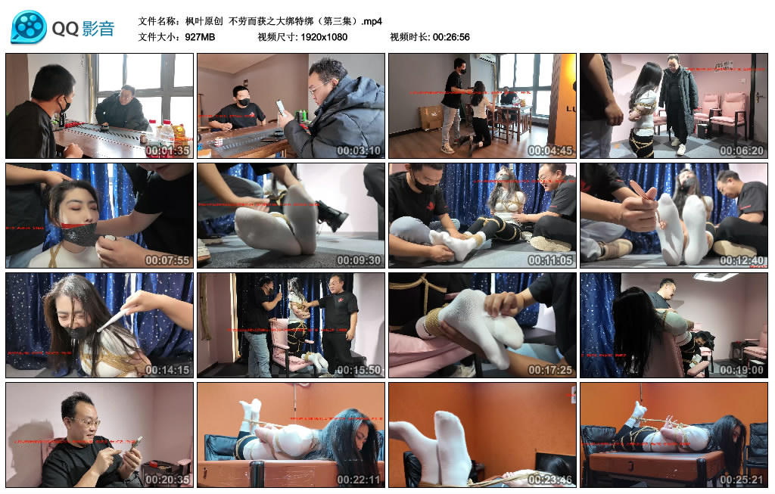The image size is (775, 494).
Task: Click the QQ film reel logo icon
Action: point(29,28)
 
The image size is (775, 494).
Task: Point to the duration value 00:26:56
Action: point(451,37)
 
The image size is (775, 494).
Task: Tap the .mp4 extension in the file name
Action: point(371,21)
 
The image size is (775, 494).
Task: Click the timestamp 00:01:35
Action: point(167,151)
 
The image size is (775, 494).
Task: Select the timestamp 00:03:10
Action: point(359,151)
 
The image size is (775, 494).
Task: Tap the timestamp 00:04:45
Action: point(550,151)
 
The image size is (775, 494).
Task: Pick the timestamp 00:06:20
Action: point(742,151)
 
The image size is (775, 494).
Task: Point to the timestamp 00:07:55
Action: point(167,260)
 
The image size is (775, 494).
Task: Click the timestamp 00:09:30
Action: point(359,260)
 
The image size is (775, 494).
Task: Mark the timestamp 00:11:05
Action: point(550,260)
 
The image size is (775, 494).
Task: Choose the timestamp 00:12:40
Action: point(742,260)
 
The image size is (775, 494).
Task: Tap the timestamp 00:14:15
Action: point(167,370)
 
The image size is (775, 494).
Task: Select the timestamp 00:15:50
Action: point(359,370)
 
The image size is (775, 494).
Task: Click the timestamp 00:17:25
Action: point(550,370)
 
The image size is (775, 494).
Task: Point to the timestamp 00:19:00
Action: point(742,370)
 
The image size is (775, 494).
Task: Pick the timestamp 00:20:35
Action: point(167,480)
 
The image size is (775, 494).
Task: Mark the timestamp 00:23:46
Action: point(550,480)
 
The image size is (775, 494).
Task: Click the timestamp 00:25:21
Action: point(742,480)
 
